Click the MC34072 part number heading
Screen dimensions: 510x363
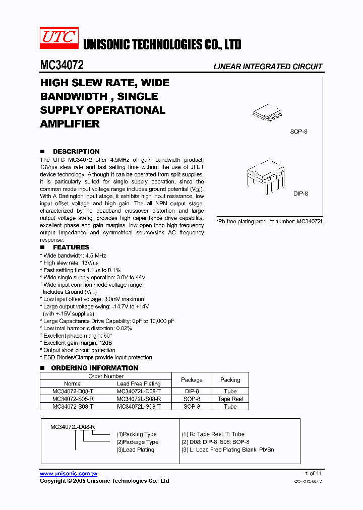coord(62,66)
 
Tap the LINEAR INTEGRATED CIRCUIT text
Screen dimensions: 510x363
coord(268,67)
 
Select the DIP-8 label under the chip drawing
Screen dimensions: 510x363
coord(300,193)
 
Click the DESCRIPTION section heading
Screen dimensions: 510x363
coord(76,151)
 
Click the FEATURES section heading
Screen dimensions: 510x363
coord(71,247)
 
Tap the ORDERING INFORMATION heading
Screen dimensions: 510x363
coord(94,368)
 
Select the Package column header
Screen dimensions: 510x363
coord(192,380)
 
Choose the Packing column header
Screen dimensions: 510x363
coord(230,380)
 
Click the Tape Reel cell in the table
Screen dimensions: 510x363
coord(230,399)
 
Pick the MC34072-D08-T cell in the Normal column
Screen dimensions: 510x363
coord(73,391)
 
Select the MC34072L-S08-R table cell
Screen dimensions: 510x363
coord(139,399)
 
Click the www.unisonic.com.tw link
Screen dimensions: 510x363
coord(69,473)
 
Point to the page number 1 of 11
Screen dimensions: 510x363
coord(313,473)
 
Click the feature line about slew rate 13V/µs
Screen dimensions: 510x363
coord(71,263)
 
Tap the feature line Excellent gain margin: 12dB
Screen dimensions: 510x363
coord(77,343)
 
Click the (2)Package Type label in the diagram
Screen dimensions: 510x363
coord(137,442)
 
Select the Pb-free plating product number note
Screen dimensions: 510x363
coord(270,221)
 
